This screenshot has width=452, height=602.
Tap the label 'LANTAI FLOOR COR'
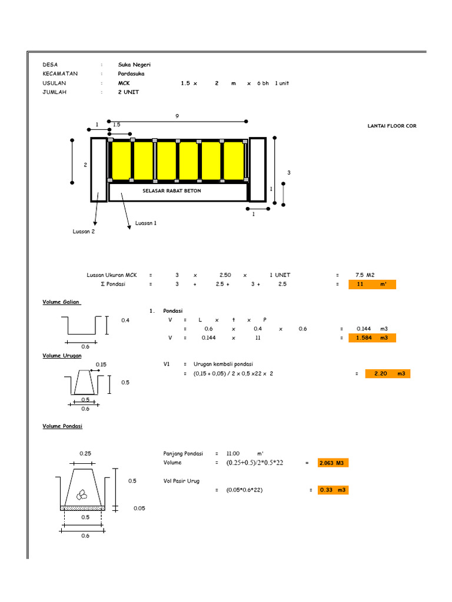coord(391,126)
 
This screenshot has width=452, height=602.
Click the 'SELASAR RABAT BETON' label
coord(171,191)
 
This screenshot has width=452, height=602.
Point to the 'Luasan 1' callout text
coord(145,223)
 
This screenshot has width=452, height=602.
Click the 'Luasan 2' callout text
coord(84,232)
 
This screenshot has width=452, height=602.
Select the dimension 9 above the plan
coord(177,116)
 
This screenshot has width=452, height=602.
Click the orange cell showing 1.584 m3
coord(372,338)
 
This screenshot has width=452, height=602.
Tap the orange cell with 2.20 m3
coord(388,374)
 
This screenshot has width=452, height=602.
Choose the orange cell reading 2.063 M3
coord(333,463)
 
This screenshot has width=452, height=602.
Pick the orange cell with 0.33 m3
coord(333,490)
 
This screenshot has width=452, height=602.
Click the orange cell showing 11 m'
coord(372,285)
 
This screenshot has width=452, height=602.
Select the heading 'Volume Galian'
coord(61,302)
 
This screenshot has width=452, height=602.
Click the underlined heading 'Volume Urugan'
coord(62,356)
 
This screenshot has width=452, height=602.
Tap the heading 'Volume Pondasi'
coord(62,426)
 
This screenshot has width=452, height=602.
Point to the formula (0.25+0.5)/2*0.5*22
coord(255,463)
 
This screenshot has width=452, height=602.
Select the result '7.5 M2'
coord(365,275)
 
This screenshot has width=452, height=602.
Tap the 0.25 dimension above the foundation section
coord(85,454)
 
